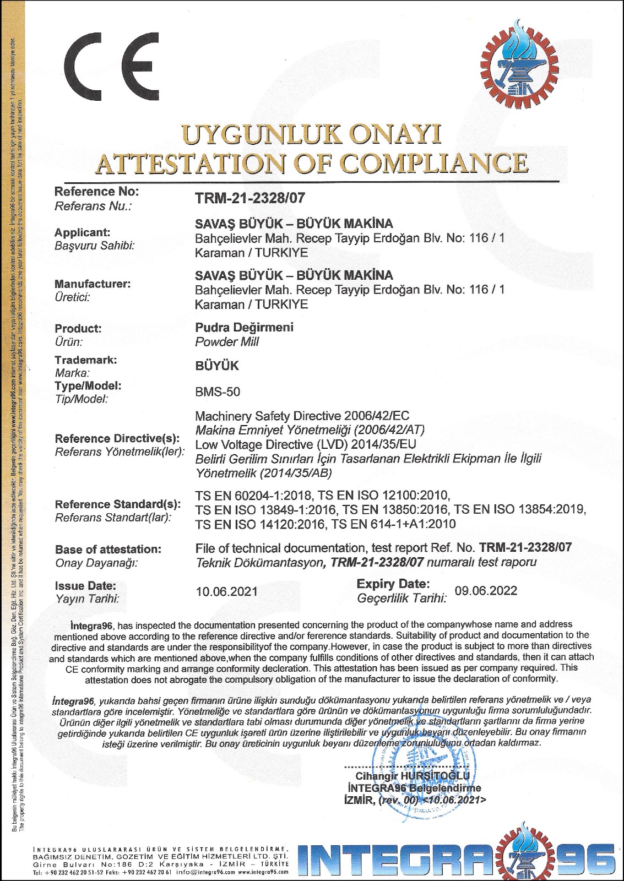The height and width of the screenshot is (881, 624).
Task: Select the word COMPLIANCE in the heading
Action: [432, 162]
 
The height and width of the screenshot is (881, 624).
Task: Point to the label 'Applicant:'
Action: [83, 232]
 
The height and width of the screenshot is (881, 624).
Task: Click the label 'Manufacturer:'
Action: [93, 284]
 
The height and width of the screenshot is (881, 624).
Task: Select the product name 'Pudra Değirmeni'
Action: [244, 327]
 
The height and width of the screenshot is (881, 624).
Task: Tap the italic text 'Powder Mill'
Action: [227, 342]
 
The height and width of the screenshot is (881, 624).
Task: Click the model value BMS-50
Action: [218, 392]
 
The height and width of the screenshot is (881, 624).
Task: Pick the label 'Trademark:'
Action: [86, 360]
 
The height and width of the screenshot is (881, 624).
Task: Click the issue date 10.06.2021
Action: [227, 591]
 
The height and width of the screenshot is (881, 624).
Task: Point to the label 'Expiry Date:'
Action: [393, 584]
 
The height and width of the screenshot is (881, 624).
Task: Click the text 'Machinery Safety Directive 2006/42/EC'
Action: [302, 416]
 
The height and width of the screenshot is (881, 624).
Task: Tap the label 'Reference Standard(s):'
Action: [118, 504]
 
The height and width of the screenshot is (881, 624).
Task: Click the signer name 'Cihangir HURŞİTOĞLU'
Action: [413, 776]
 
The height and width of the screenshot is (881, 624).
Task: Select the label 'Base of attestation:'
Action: [108, 550]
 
